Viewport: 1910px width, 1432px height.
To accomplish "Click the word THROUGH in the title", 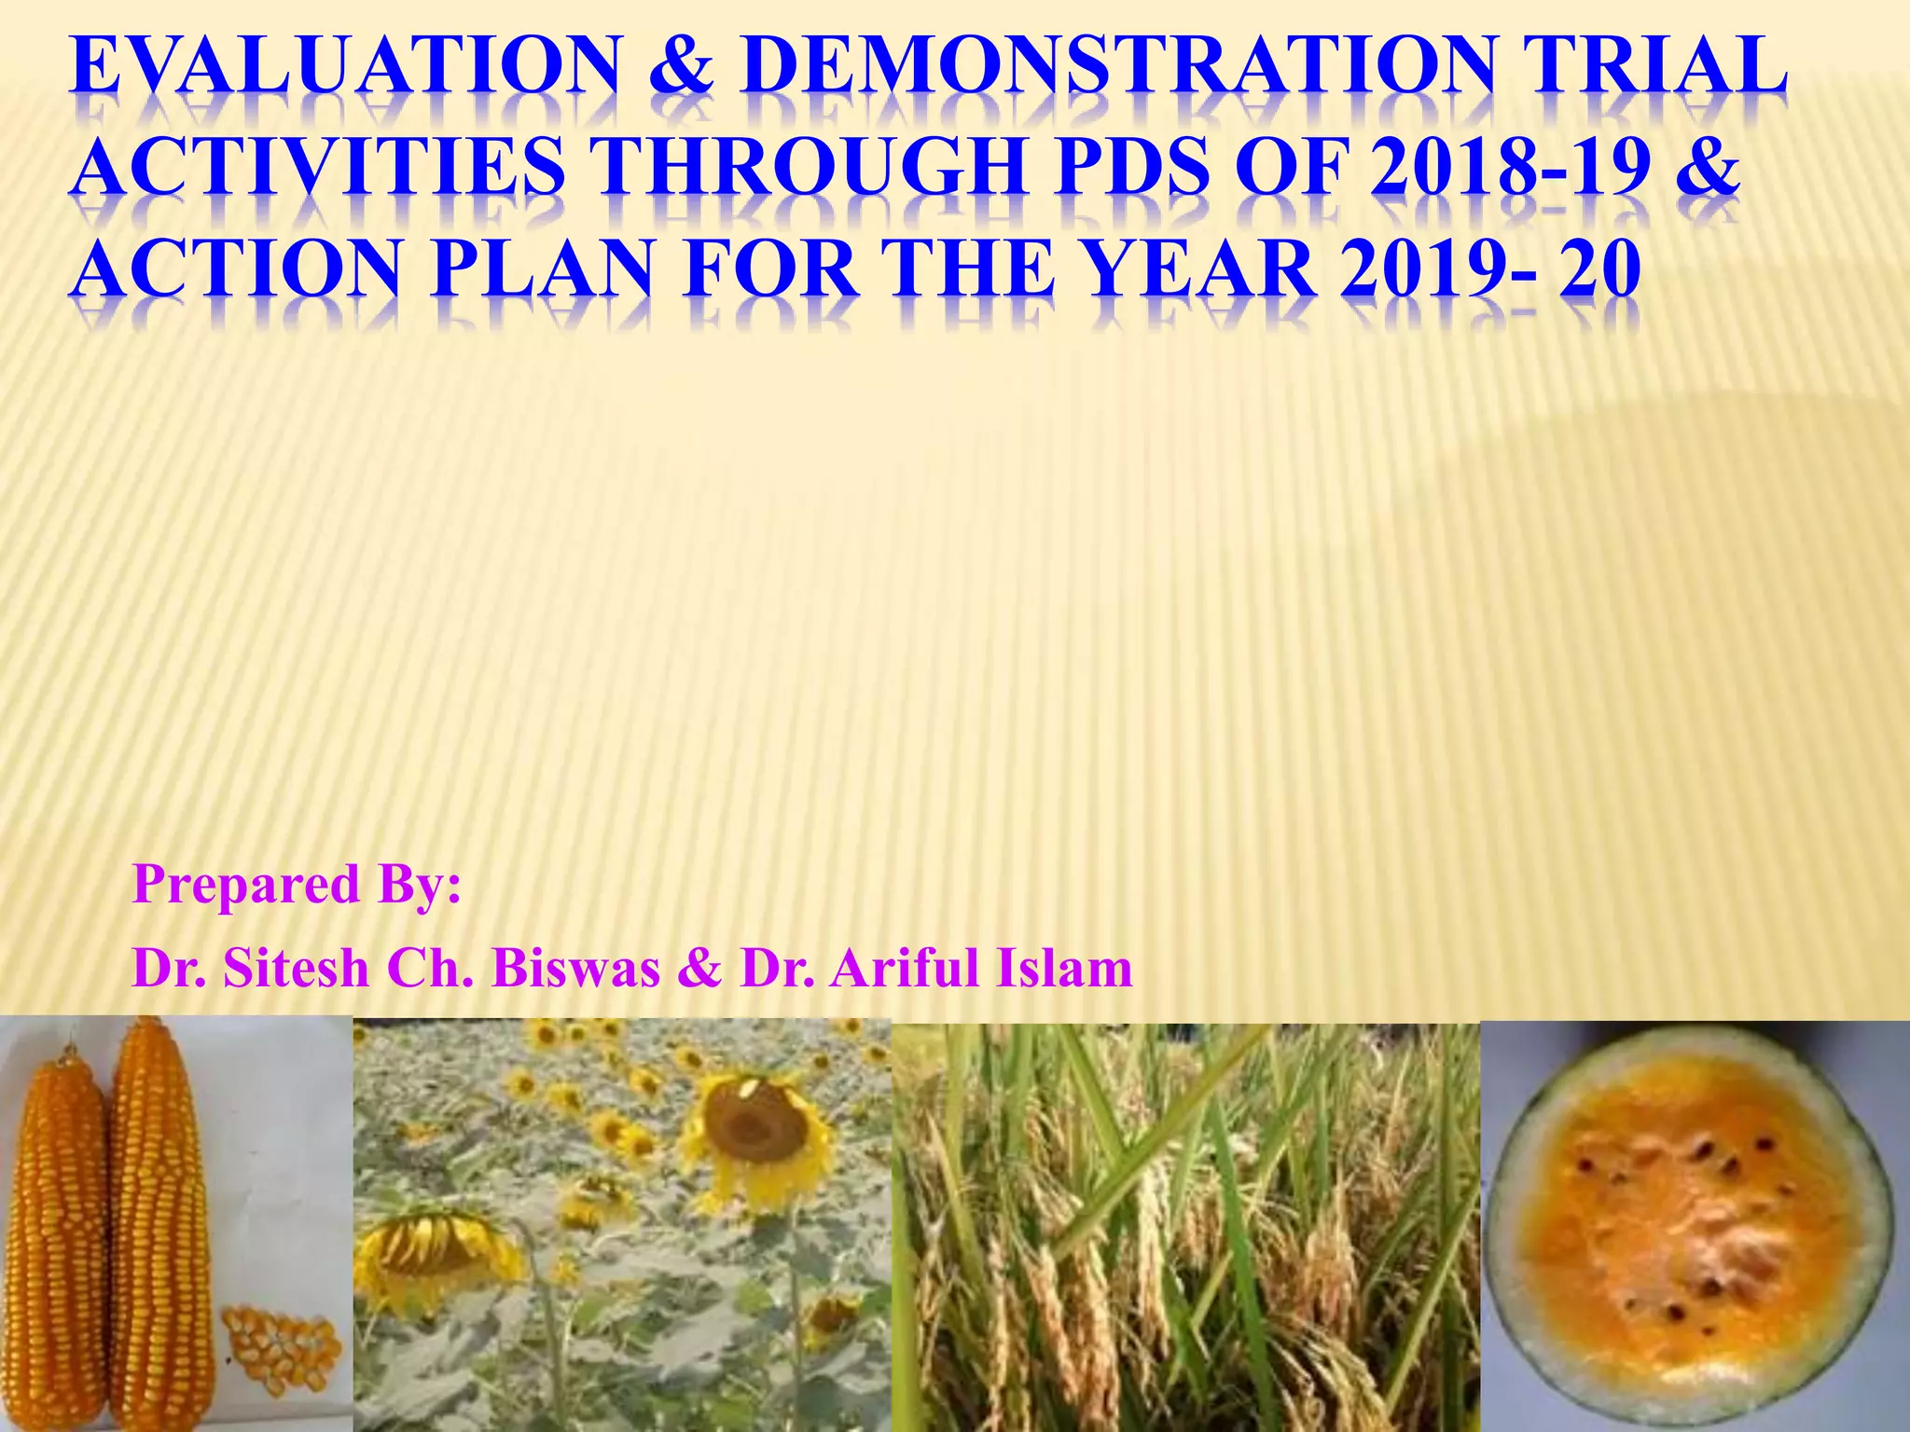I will pyautogui.click(x=811, y=168).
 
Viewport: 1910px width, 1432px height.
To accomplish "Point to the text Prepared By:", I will pyautogui.click(x=297, y=884).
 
